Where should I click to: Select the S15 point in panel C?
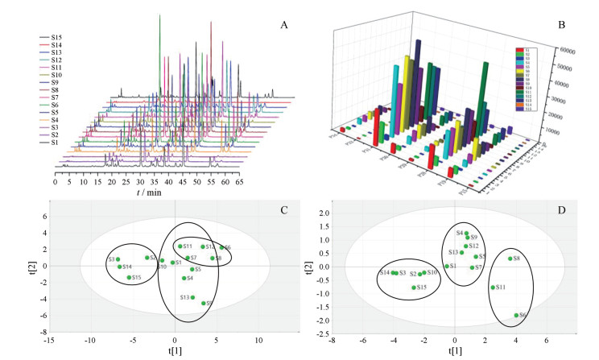[x=129, y=277]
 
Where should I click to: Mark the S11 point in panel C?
[x=180, y=246]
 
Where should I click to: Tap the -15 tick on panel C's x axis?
[x=49, y=340]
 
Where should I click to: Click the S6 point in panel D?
[x=515, y=316]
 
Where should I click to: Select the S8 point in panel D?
[x=510, y=259]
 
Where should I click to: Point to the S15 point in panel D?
[x=414, y=288]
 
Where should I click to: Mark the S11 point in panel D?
[x=493, y=288]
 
